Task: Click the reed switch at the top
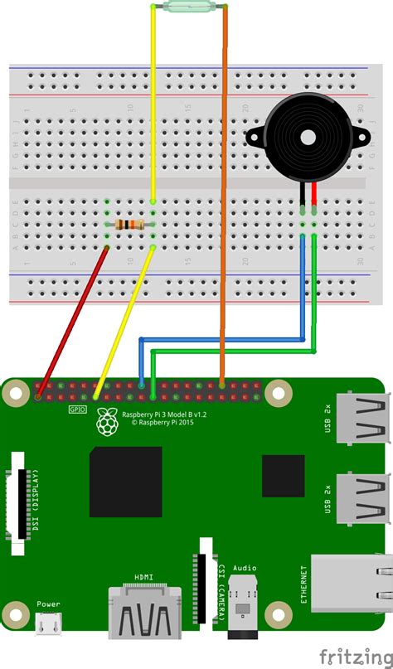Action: click(189, 8)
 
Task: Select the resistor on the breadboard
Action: click(131, 224)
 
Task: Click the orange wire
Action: click(224, 207)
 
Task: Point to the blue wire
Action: click(224, 338)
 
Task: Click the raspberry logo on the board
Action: click(106, 421)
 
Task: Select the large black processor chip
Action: click(126, 481)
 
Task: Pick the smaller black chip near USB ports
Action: click(284, 477)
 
